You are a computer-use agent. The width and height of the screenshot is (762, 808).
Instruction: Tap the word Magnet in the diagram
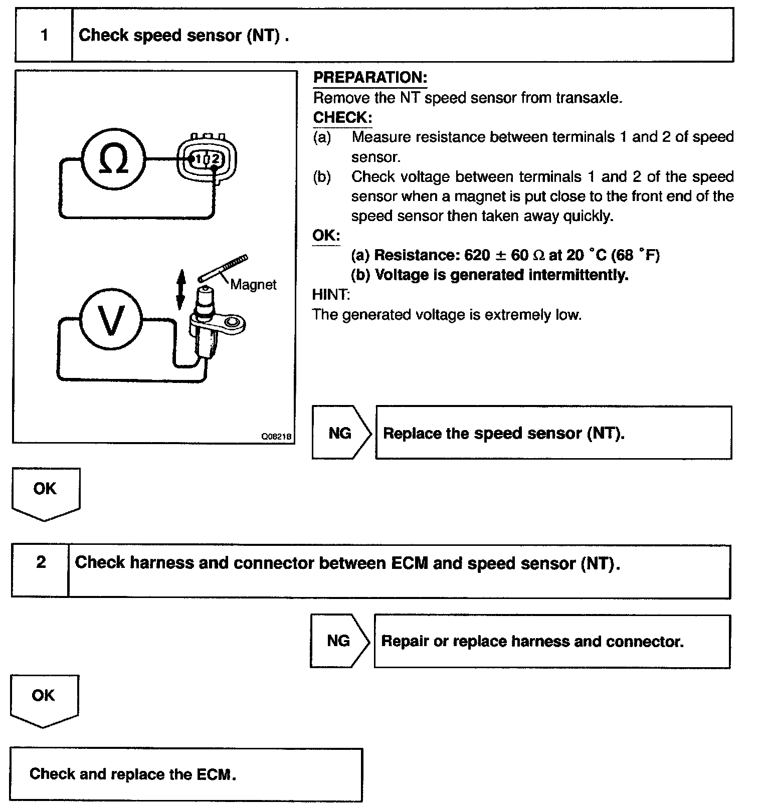[x=253, y=285]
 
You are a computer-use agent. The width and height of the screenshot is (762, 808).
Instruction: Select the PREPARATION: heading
[x=370, y=77]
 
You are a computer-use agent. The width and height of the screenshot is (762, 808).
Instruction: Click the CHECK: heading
[x=342, y=117]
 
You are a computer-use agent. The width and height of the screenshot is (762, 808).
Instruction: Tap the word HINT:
[x=331, y=294]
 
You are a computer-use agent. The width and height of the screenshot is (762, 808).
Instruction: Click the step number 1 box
[x=44, y=35]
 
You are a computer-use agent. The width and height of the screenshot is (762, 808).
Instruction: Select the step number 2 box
[x=41, y=562]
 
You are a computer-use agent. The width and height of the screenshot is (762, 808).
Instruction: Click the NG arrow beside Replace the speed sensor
[x=340, y=433]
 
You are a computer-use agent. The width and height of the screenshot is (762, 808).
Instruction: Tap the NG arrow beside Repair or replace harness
[x=339, y=641]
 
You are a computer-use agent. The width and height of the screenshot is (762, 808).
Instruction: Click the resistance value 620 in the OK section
[x=477, y=255]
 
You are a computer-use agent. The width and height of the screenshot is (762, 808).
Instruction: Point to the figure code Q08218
[x=276, y=436]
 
